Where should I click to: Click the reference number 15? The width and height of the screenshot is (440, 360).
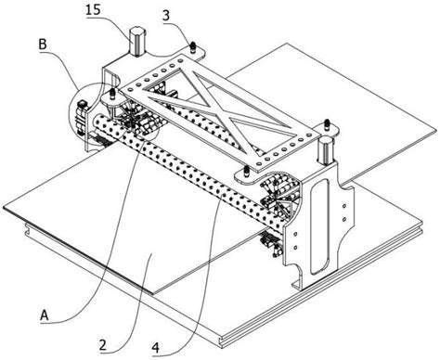pyautogui.click(x=93, y=9)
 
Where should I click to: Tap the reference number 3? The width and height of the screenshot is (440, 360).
pyautogui.click(x=166, y=16)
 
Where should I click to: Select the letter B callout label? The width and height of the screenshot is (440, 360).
pyautogui.click(x=43, y=45)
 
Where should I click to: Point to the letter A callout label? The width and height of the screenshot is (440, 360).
pyautogui.click(x=45, y=315)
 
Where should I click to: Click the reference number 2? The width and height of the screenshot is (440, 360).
pyautogui.click(x=103, y=344)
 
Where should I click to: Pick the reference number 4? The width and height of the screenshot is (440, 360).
pyautogui.click(x=156, y=348)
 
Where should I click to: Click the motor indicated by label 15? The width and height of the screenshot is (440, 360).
pyautogui.click(x=137, y=42)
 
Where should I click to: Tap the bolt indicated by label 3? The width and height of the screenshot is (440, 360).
pyautogui.click(x=192, y=47)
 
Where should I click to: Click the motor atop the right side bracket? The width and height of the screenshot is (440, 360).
pyautogui.click(x=325, y=151)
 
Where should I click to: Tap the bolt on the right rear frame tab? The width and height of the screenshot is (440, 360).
pyautogui.click(x=326, y=125)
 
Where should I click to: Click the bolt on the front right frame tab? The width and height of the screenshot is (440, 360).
pyautogui.click(x=246, y=172)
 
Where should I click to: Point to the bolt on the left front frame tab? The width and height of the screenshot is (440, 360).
pyautogui.click(x=112, y=94)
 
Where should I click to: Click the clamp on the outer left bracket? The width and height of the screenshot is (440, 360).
pyautogui.click(x=81, y=118)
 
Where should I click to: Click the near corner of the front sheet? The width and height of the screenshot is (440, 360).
pyautogui.click(x=152, y=293)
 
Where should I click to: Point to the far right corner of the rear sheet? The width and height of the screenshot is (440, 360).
pyautogui.click(x=436, y=132)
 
